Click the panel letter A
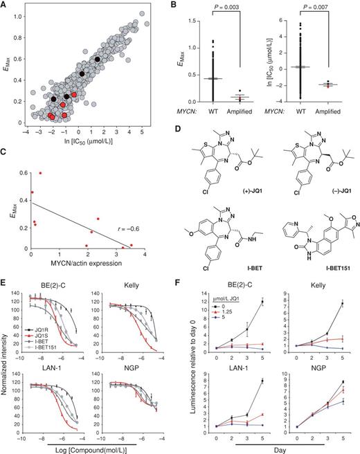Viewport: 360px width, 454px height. coord(6,6)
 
